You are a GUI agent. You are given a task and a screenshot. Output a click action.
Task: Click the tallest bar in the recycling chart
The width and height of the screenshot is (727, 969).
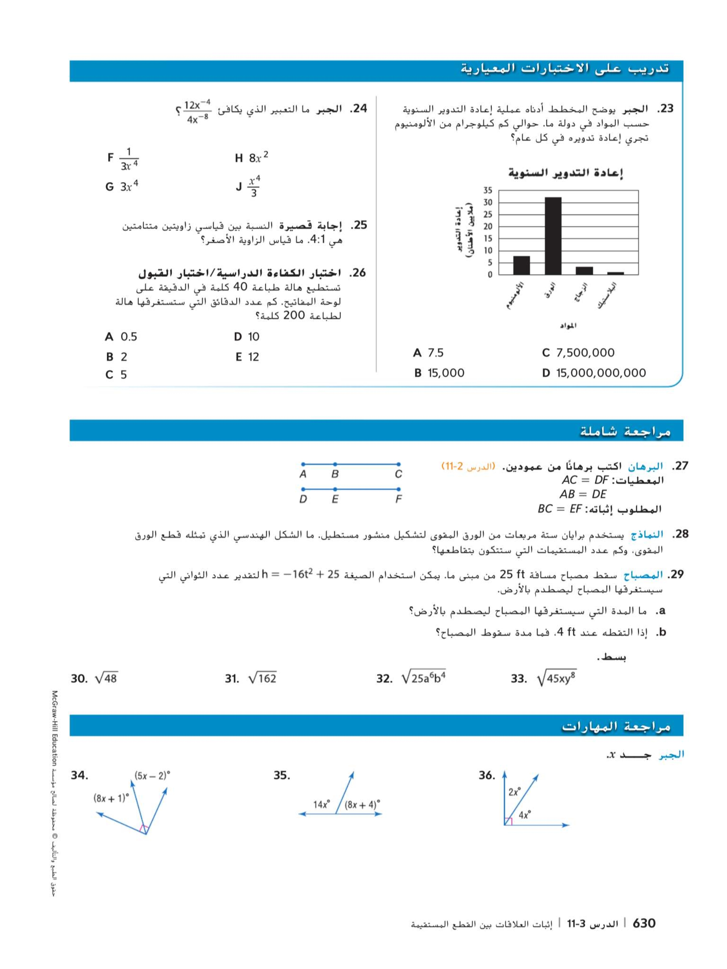[553, 236]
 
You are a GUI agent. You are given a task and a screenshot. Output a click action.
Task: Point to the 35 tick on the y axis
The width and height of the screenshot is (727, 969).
[488, 190]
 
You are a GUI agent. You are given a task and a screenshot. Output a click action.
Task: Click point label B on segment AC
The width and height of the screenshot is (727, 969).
[335, 474]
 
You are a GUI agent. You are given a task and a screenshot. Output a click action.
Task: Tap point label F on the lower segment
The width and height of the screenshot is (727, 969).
[398, 499]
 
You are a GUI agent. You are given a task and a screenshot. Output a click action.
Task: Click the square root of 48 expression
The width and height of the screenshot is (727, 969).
[106, 679]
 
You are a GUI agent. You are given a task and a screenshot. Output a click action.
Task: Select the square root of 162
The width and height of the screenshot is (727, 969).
[262, 679]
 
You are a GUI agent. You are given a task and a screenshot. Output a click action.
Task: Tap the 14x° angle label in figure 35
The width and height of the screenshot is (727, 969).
[321, 804]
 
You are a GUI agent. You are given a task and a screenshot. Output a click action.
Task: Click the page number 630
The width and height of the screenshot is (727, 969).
[644, 923]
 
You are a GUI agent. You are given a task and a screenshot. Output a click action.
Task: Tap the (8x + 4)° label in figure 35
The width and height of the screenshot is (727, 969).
[362, 804]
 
